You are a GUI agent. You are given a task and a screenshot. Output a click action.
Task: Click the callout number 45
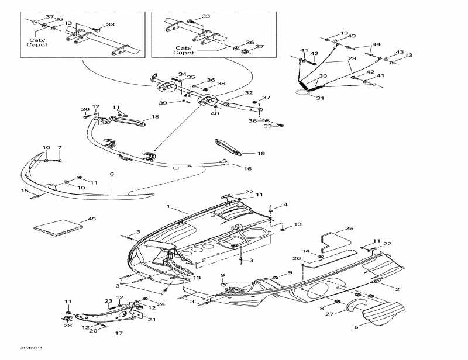click(91, 219)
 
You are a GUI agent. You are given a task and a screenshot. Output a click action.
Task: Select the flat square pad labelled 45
click(56, 227)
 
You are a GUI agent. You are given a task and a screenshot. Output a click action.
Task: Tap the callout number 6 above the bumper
click(112, 174)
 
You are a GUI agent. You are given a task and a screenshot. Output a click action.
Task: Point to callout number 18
click(155, 117)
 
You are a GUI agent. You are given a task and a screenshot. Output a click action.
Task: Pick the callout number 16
click(247, 168)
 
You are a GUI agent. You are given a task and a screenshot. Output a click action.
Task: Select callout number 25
click(349, 228)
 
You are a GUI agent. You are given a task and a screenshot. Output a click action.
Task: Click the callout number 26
click(313, 259)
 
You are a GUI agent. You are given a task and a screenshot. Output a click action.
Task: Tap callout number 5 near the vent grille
click(356, 328)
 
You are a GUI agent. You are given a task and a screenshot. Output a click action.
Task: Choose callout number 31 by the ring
click(319, 98)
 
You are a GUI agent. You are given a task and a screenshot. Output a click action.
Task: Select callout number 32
click(249, 93)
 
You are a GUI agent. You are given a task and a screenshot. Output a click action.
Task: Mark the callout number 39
click(163, 103)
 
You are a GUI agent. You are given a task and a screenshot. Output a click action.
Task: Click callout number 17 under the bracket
click(119, 334)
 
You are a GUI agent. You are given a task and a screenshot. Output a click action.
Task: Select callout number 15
click(25, 191)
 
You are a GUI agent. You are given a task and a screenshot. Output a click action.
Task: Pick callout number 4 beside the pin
click(285, 205)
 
